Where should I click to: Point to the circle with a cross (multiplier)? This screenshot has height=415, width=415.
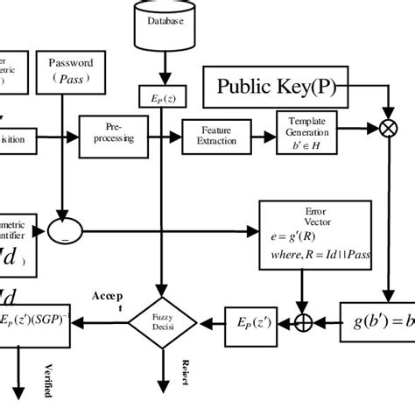click(383, 130)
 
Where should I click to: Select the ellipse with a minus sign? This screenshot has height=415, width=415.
click(64, 233)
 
